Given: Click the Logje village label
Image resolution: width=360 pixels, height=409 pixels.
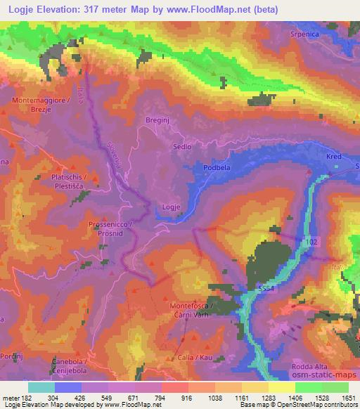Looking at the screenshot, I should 173,207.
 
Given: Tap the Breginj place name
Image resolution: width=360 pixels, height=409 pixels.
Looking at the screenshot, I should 157,121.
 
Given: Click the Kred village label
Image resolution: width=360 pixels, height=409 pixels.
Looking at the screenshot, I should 333,158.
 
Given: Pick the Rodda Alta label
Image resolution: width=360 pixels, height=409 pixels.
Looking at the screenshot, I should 314,366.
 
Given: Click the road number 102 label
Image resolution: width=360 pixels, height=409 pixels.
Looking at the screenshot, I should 311,240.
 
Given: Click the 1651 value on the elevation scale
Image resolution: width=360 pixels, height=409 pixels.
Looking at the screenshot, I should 347,398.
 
